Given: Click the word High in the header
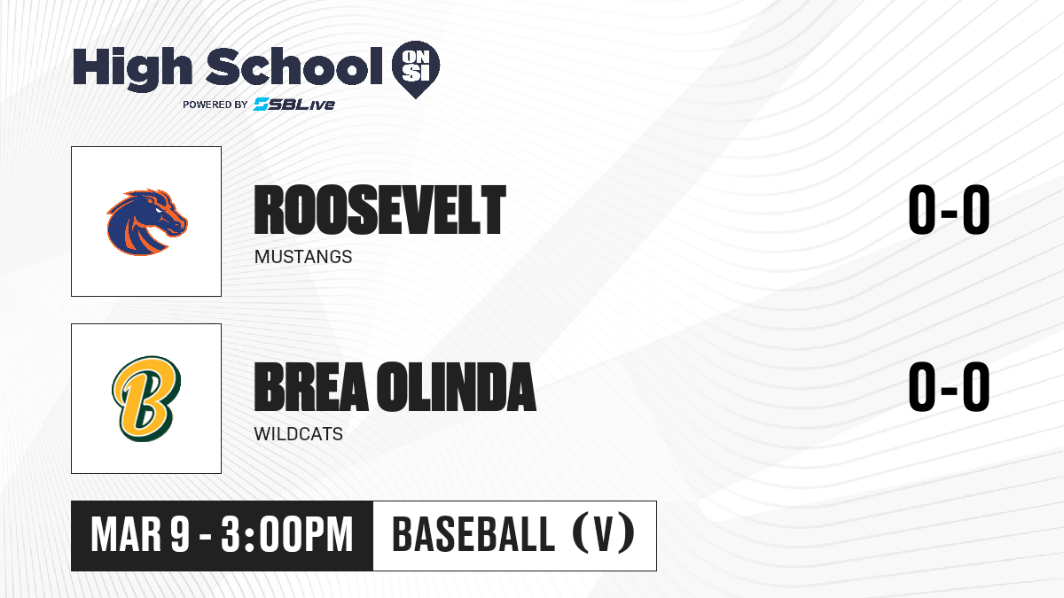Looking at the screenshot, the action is (x=132, y=68).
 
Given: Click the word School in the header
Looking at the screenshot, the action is (x=294, y=66).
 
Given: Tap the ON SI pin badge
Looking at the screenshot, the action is (x=416, y=69).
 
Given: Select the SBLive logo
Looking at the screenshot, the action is (x=294, y=104).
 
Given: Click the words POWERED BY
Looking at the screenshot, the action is (x=215, y=105).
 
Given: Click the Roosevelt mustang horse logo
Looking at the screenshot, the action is (x=147, y=222).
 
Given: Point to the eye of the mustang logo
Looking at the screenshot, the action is (x=158, y=209).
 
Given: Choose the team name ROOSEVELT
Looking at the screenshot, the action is (x=380, y=210).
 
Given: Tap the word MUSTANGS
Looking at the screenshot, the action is (x=303, y=257).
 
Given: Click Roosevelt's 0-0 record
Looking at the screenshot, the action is (x=949, y=210).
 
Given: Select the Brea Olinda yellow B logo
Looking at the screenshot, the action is (x=146, y=399).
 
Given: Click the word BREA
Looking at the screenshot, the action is (x=311, y=387).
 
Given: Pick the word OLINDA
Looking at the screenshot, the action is (x=457, y=387).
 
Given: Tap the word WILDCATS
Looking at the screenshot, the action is (x=298, y=434).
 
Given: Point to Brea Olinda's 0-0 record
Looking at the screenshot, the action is (x=949, y=387).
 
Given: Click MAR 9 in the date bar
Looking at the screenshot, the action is (x=140, y=535).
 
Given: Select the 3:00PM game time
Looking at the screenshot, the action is (x=287, y=535).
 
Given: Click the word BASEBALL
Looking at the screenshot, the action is (x=473, y=535).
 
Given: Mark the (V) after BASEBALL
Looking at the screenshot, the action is (x=604, y=535).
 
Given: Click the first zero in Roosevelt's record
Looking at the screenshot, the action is (x=922, y=210).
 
